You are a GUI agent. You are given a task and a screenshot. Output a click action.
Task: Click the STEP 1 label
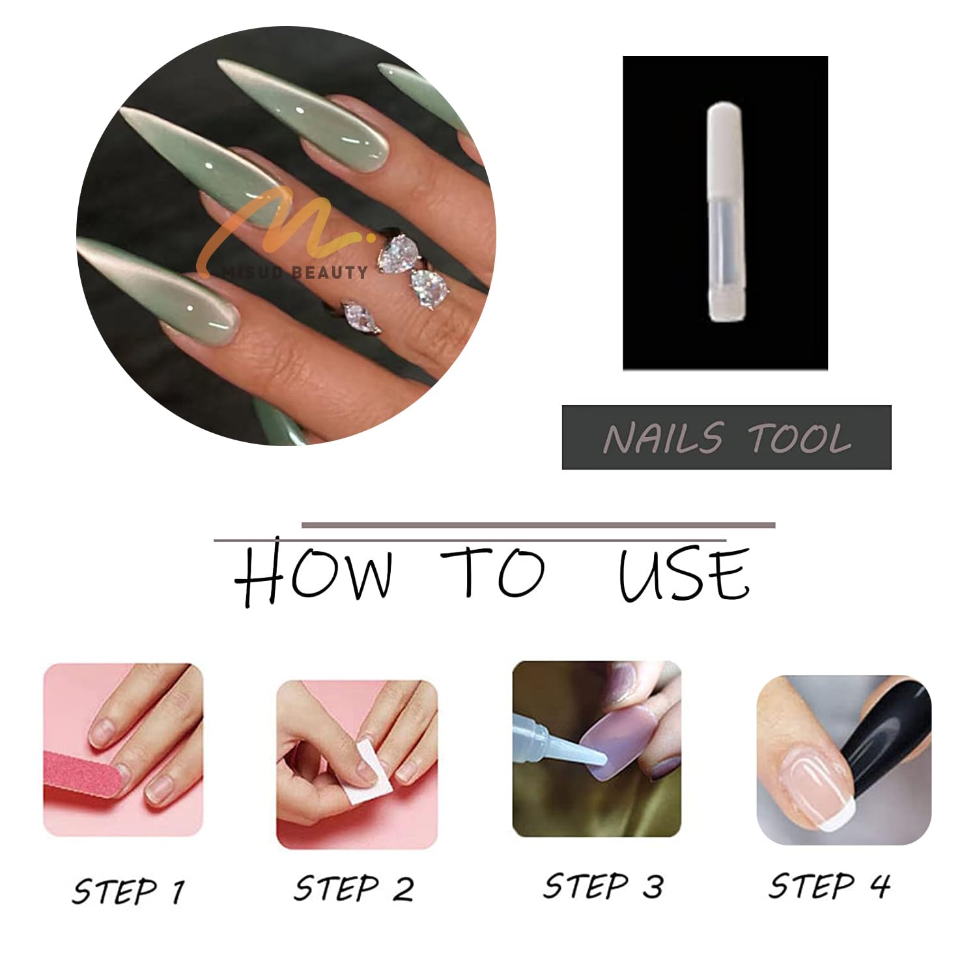(x=128, y=891)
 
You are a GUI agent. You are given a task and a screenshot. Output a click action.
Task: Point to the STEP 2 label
(x=354, y=888)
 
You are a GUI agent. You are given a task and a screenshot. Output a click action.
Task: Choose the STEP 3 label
(x=604, y=886)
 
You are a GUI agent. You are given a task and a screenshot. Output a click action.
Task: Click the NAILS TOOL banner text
(x=727, y=438)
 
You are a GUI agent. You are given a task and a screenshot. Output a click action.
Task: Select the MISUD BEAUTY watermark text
(x=294, y=272)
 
